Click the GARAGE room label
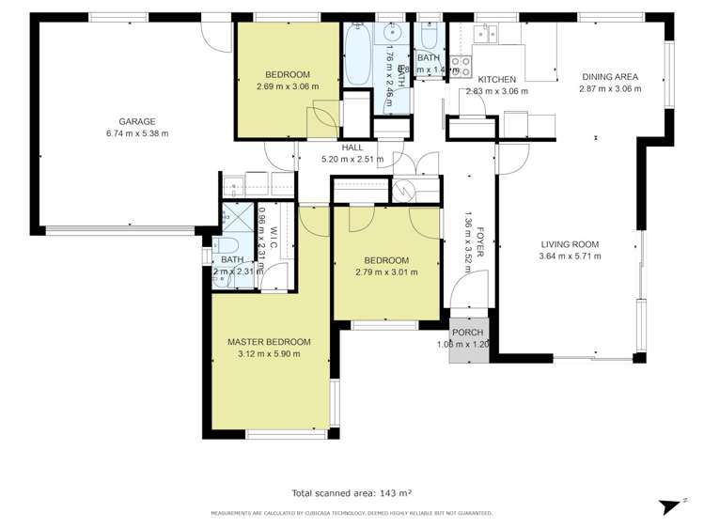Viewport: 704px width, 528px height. coord(136,121)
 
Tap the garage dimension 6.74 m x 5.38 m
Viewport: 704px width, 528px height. coord(136,133)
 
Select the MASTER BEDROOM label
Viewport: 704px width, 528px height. coord(269,342)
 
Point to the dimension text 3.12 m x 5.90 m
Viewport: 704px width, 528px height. coord(269,354)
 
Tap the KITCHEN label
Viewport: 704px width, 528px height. coord(496,80)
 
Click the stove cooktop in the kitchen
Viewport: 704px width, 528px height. coord(460,65)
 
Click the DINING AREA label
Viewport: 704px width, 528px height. coord(610,77)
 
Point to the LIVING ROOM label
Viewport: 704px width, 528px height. coord(569,244)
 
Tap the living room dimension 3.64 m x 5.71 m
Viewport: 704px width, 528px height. coord(569,256)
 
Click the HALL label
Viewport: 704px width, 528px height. coord(352,148)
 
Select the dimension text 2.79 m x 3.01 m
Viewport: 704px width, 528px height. coord(386,272)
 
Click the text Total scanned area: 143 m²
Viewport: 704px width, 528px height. coord(352,492)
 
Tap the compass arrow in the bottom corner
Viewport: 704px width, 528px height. coord(668,506)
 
